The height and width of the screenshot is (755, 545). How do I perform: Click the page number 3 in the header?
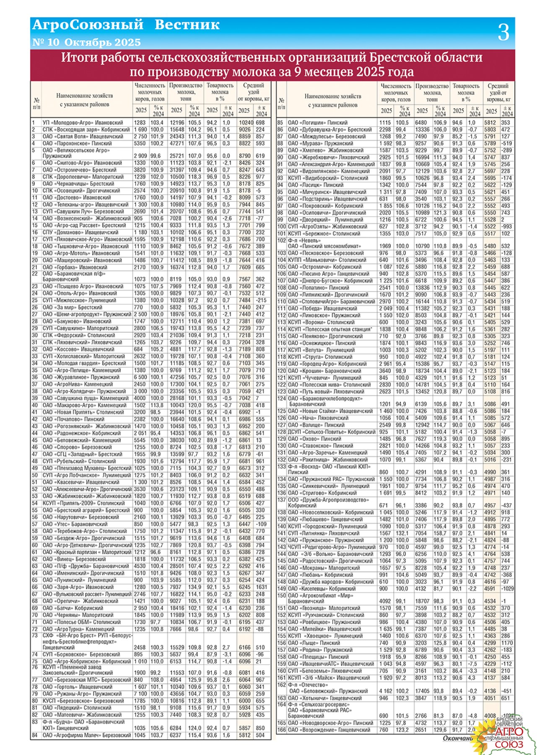pyautogui.click(x=503, y=33)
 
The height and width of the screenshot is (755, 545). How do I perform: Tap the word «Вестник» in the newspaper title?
pyautogui.click(x=187, y=25)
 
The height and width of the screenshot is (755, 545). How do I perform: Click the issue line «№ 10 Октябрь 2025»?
pyautogui.click(x=86, y=42)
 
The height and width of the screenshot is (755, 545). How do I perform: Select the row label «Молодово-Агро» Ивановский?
pyautogui.click(x=83, y=122)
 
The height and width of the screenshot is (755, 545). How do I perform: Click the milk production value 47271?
pyautogui.click(x=177, y=143)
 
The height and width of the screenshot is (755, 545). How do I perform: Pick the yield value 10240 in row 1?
pyautogui.click(x=246, y=122)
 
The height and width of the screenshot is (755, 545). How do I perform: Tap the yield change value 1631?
pyautogui.click(x=260, y=587)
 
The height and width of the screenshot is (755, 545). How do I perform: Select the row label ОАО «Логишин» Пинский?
pyautogui.click(x=318, y=122)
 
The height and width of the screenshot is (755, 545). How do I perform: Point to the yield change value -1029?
pyautogui.click(x=508, y=588)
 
